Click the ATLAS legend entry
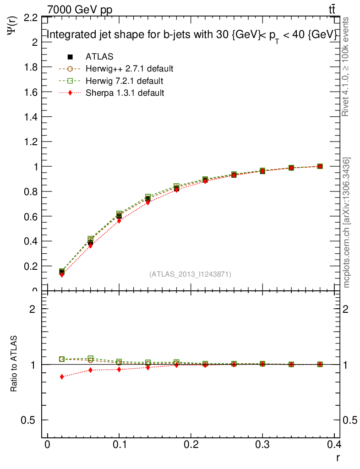(99, 57)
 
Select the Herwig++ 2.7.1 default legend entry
(129, 69)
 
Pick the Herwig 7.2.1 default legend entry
(124, 81)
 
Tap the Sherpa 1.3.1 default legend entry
(125, 93)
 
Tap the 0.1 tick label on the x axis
(119, 444)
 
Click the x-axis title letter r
(338, 457)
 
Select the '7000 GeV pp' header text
(80, 9)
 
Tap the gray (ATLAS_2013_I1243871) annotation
(190, 274)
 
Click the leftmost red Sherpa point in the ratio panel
(62, 376)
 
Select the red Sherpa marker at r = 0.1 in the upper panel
(119, 221)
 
